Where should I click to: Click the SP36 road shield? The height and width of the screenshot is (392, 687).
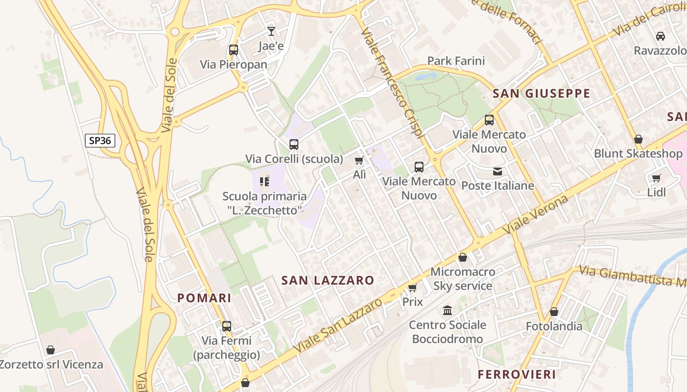100,141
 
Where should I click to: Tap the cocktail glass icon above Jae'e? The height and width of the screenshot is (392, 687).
271,31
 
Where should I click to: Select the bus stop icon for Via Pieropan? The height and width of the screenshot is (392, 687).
234,50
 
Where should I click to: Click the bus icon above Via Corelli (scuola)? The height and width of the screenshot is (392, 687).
294,145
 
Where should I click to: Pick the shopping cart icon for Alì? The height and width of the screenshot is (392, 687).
359,161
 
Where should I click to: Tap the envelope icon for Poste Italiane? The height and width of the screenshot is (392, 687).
498,171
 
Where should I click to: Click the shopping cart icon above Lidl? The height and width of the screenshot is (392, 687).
656,178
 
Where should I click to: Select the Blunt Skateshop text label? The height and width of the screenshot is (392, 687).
638,153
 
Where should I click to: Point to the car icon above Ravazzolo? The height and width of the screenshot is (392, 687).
661,36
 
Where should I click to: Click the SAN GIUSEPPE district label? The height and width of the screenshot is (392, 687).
541,94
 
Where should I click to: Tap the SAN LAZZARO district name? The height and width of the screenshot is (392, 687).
328,280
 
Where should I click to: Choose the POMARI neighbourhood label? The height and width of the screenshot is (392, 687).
204,298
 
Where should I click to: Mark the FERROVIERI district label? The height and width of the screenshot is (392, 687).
517,374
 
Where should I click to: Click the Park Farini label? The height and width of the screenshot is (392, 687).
456,61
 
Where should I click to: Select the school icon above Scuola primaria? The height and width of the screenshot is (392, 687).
264,182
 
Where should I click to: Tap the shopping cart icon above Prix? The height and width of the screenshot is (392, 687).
412,288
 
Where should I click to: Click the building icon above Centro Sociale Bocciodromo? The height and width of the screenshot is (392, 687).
448,311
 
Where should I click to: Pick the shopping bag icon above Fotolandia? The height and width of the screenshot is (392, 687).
554,312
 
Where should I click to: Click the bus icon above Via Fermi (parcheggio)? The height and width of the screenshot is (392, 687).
226,326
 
